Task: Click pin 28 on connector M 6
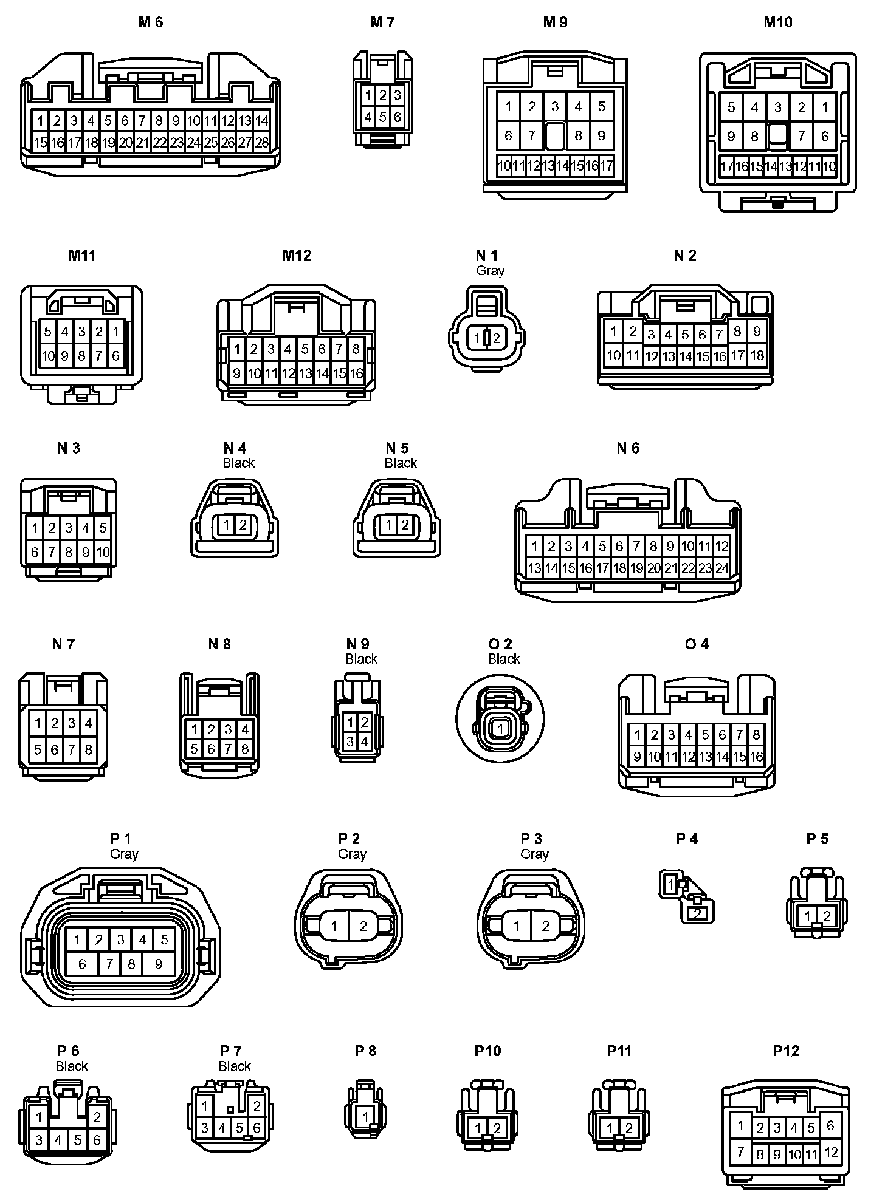point(261,143)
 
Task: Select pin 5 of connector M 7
point(382,116)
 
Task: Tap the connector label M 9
point(555,22)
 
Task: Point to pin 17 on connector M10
point(726,166)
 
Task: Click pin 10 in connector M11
point(48,356)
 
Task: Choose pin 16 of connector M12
point(356,373)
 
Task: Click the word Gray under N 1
point(490,270)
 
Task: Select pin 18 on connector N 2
point(757,355)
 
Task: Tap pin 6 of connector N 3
point(35,552)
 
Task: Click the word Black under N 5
point(401,463)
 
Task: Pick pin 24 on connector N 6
point(721,568)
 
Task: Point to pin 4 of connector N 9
point(364,741)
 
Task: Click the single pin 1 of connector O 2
point(500,728)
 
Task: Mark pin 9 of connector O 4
point(637,757)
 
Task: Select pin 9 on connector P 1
point(158,963)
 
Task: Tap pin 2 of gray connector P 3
point(545,926)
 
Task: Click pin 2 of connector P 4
point(698,913)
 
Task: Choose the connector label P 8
point(365,1051)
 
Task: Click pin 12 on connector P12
point(831,1152)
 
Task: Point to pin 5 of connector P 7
point(239,1128)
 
